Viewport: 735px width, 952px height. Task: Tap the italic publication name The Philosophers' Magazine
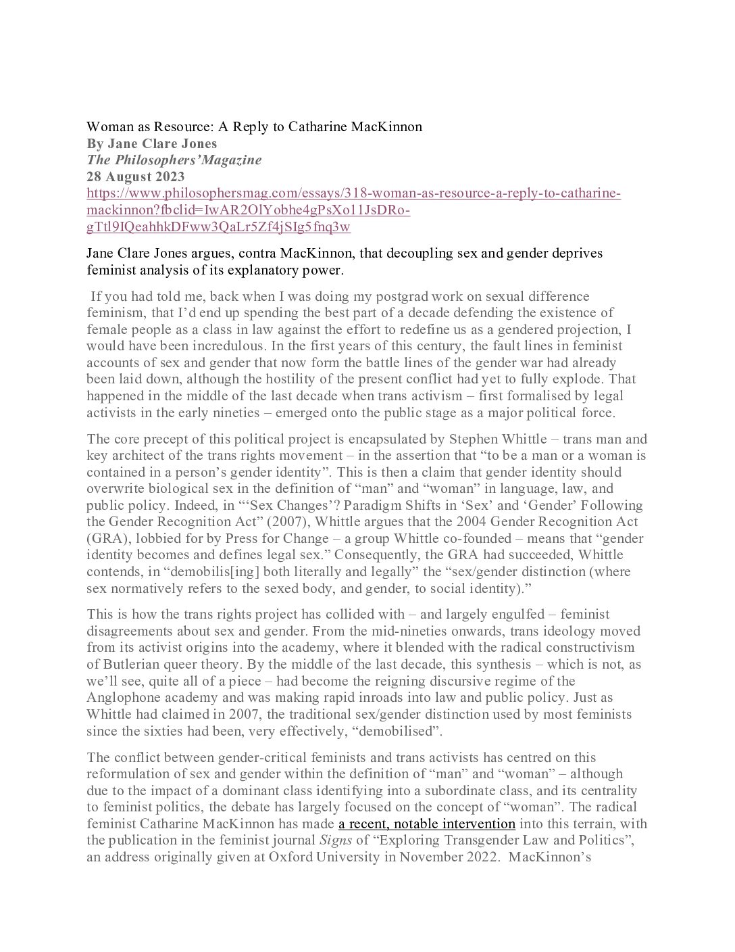pyautogui.click(x=174, y=160)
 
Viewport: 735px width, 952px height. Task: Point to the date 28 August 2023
pyautogui.click(x=135, y=176)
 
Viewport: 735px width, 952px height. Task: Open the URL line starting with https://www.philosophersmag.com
pyautogui.click(x=353, y=193)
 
